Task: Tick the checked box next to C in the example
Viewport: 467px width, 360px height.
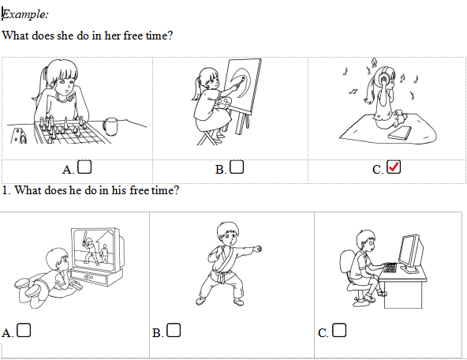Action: pyautogui.click(x=394, y=167)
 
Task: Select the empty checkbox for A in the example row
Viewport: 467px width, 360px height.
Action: pyautogui.click(x=84, y=167)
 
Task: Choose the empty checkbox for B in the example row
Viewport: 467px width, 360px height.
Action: pyautogui.click(x=237, y=167)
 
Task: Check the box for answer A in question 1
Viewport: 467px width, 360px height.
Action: pyautogui.click(x=24, y=331)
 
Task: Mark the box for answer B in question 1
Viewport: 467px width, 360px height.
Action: pyautogui.click(x=174, y=331)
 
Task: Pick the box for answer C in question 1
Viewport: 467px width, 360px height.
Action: pyautogui.click(x=339, y=331)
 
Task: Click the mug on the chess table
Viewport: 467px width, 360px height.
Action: pyautogui.click(x=110, y=126)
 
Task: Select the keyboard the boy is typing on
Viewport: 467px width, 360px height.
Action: pyautogui.click(x=390, y=268)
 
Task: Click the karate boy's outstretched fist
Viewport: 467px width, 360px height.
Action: pyautogui.click(x=258, y=249)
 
